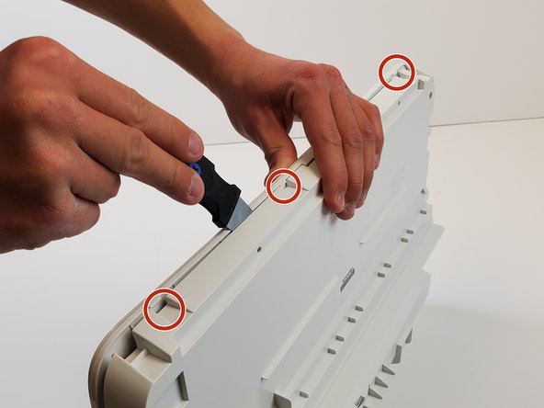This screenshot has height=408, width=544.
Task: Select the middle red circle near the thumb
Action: coord(283,186)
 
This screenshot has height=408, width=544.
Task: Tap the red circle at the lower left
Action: coord(164,308)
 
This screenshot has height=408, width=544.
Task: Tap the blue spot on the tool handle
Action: coord(196,169)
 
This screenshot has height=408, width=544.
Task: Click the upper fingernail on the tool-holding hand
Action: coord(196,144)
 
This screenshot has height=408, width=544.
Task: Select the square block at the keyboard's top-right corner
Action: coord(423,84)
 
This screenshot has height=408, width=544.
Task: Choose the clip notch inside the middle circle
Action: coord(287,187)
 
